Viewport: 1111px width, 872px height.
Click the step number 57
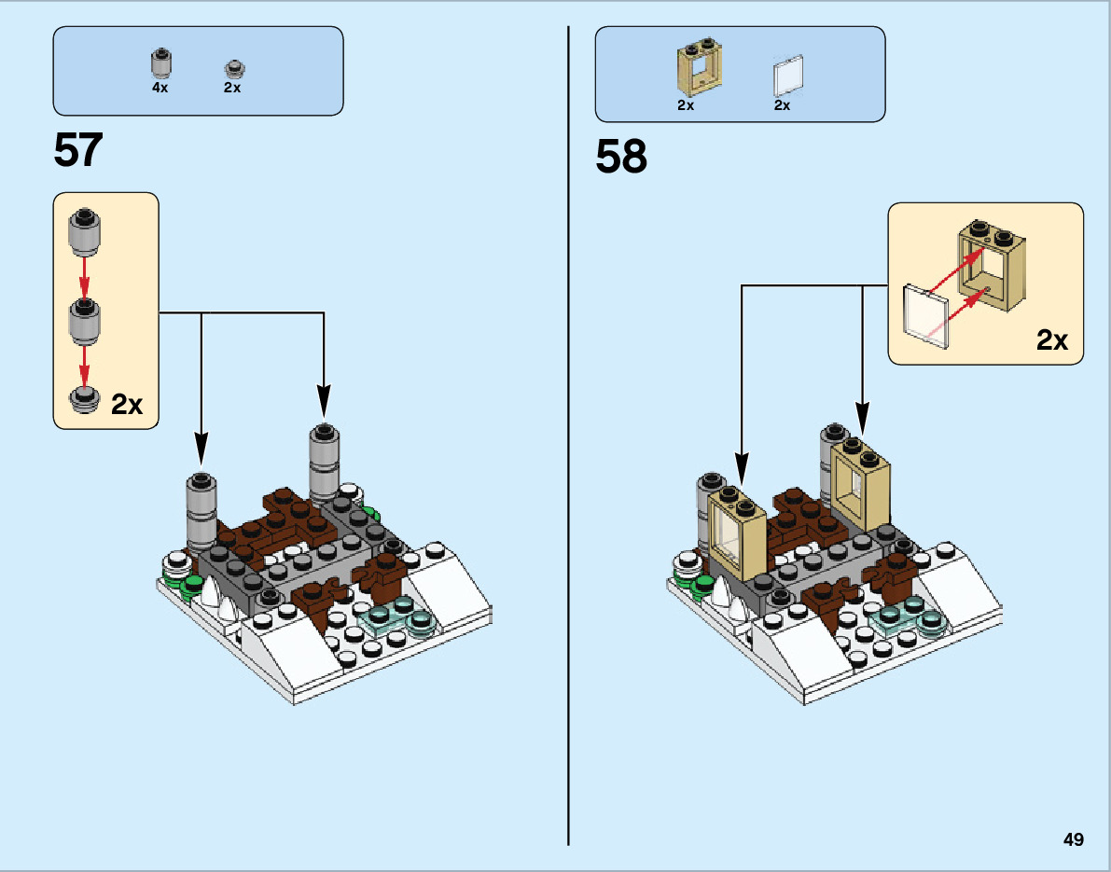click(78, 149)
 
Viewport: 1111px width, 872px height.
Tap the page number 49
click(1073, 839)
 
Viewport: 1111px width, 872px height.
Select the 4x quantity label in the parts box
click(160, 88)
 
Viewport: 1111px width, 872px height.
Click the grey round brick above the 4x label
click(160, 62)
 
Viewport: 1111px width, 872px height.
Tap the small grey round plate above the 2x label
click(232, 68)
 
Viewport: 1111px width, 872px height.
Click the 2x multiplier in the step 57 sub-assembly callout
click(127, 405)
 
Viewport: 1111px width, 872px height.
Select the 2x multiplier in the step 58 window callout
click(1052, 340)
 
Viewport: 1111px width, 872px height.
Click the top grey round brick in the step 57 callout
click(84, 233)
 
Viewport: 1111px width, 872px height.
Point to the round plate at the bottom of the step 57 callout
click(84, 397)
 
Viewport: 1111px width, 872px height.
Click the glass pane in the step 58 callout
click(926, 315)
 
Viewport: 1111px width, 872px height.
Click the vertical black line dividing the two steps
click(568, 466)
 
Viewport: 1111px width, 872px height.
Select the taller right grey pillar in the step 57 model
click(323, 464)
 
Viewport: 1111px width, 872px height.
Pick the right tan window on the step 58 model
click(861, 487)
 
